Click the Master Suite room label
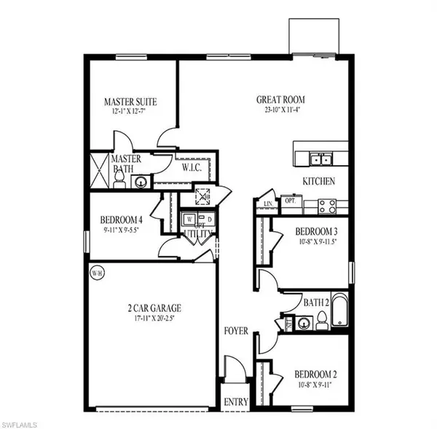(130, 102)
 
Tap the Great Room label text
(280, 100)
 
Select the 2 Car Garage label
(151, 308)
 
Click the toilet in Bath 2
(320, 321)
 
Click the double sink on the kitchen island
(320, 160)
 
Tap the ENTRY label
(236, 401)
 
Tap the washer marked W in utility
(189, 218)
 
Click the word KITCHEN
(319, 182)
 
